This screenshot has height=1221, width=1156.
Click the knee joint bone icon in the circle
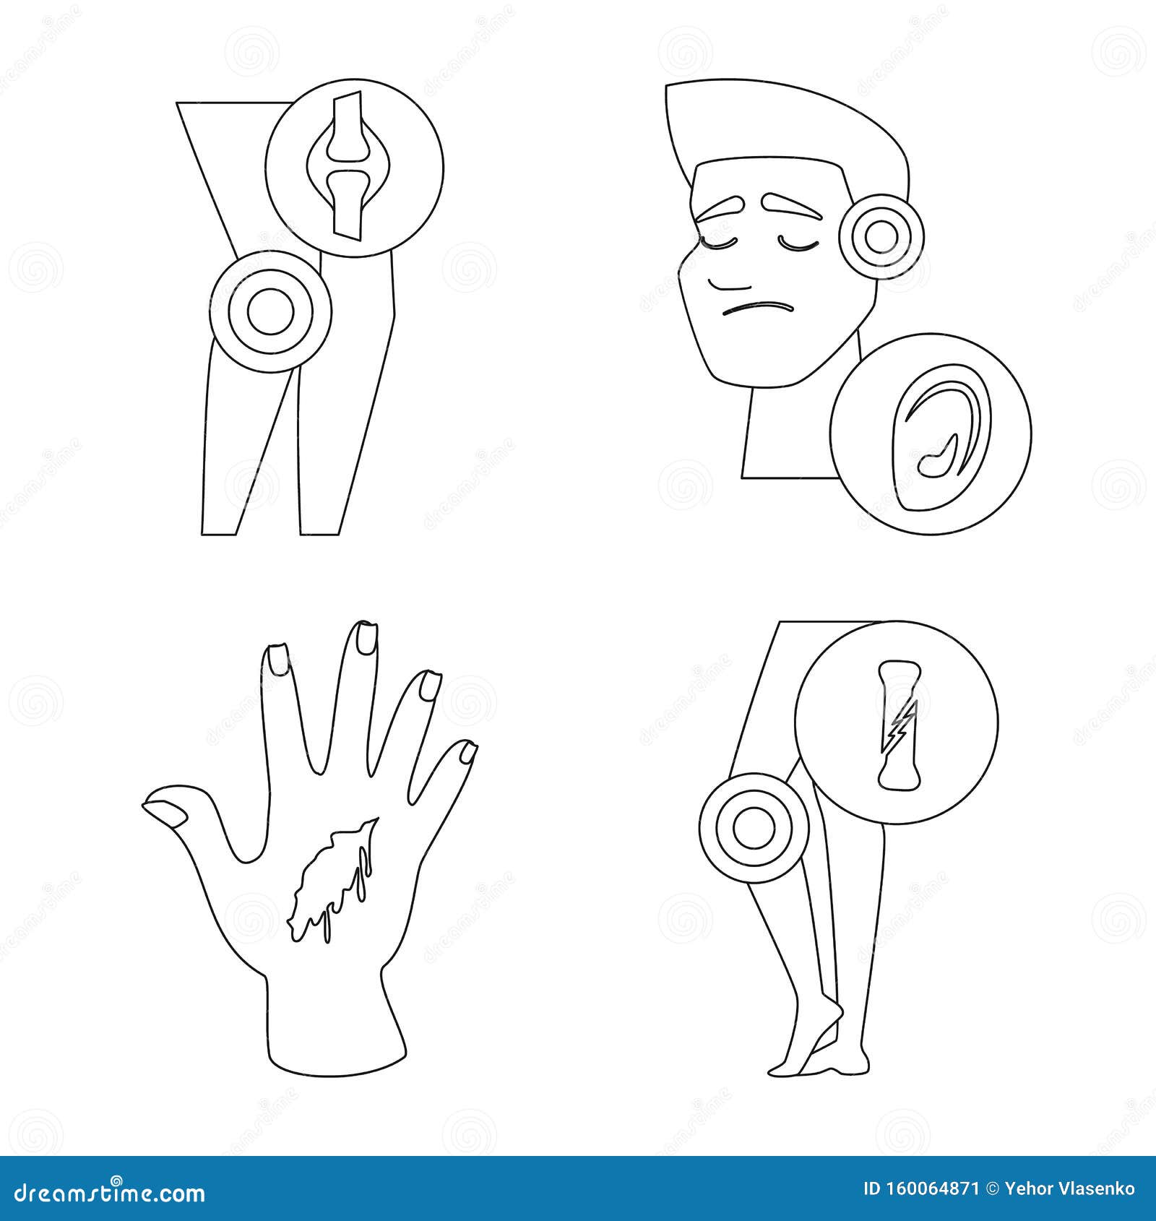tap(345, 165)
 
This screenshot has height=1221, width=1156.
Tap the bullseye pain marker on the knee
tap(270, 311)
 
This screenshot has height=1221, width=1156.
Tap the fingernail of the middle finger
tap(366, 639)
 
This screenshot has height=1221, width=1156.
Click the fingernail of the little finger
tap(468, 753)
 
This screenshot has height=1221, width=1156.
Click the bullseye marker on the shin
tap(754, 827)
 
